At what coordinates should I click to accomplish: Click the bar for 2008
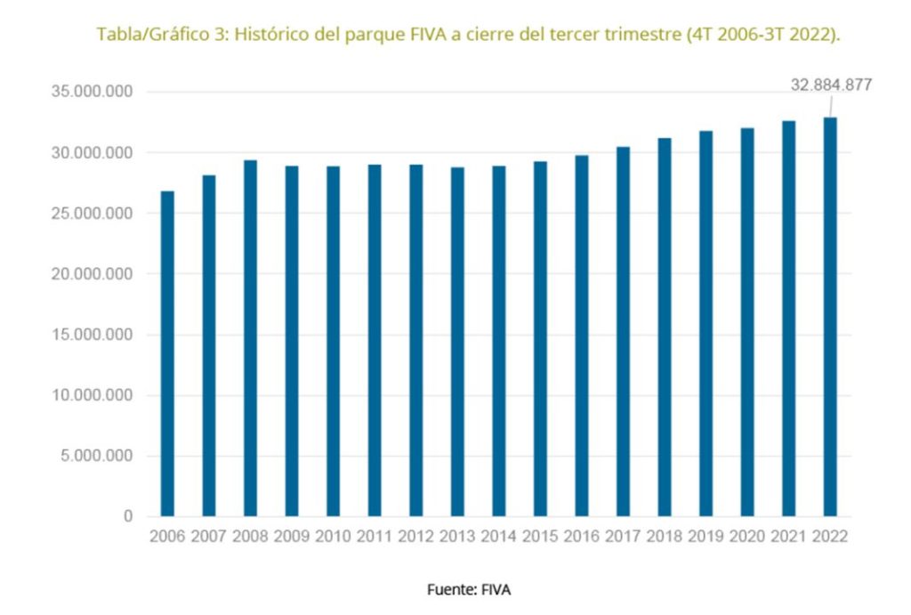[250, 338]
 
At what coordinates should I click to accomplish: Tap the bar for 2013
[457, 342]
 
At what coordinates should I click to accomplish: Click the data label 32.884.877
[831, 85]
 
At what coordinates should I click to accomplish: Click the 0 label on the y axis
[128, 516]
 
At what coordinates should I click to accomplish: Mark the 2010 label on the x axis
[333, 537]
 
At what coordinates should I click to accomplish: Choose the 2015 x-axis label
[540, 537]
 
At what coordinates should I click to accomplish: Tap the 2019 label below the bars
[705, 537]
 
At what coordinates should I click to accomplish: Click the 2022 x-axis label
[830, 537]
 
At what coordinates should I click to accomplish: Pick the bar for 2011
[375, 340]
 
